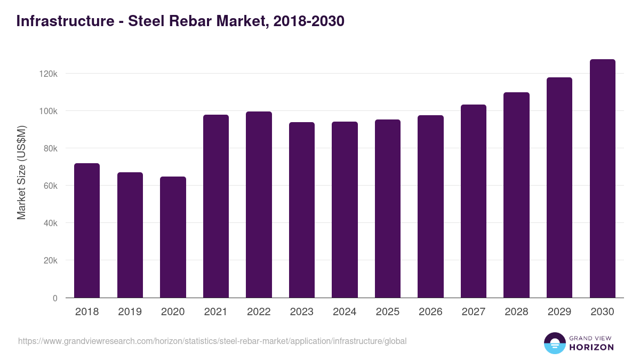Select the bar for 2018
87,230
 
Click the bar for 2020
173,237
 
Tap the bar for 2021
216,206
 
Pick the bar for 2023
302,210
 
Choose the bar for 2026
430,206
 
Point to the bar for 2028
516,195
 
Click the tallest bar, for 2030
602,179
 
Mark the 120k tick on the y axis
49,74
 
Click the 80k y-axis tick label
50,148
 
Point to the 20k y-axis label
50,261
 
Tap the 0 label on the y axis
55,298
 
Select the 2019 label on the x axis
130,312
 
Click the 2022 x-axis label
259,312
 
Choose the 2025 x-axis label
387,312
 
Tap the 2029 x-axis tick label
559,312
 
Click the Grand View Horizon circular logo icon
554,343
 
